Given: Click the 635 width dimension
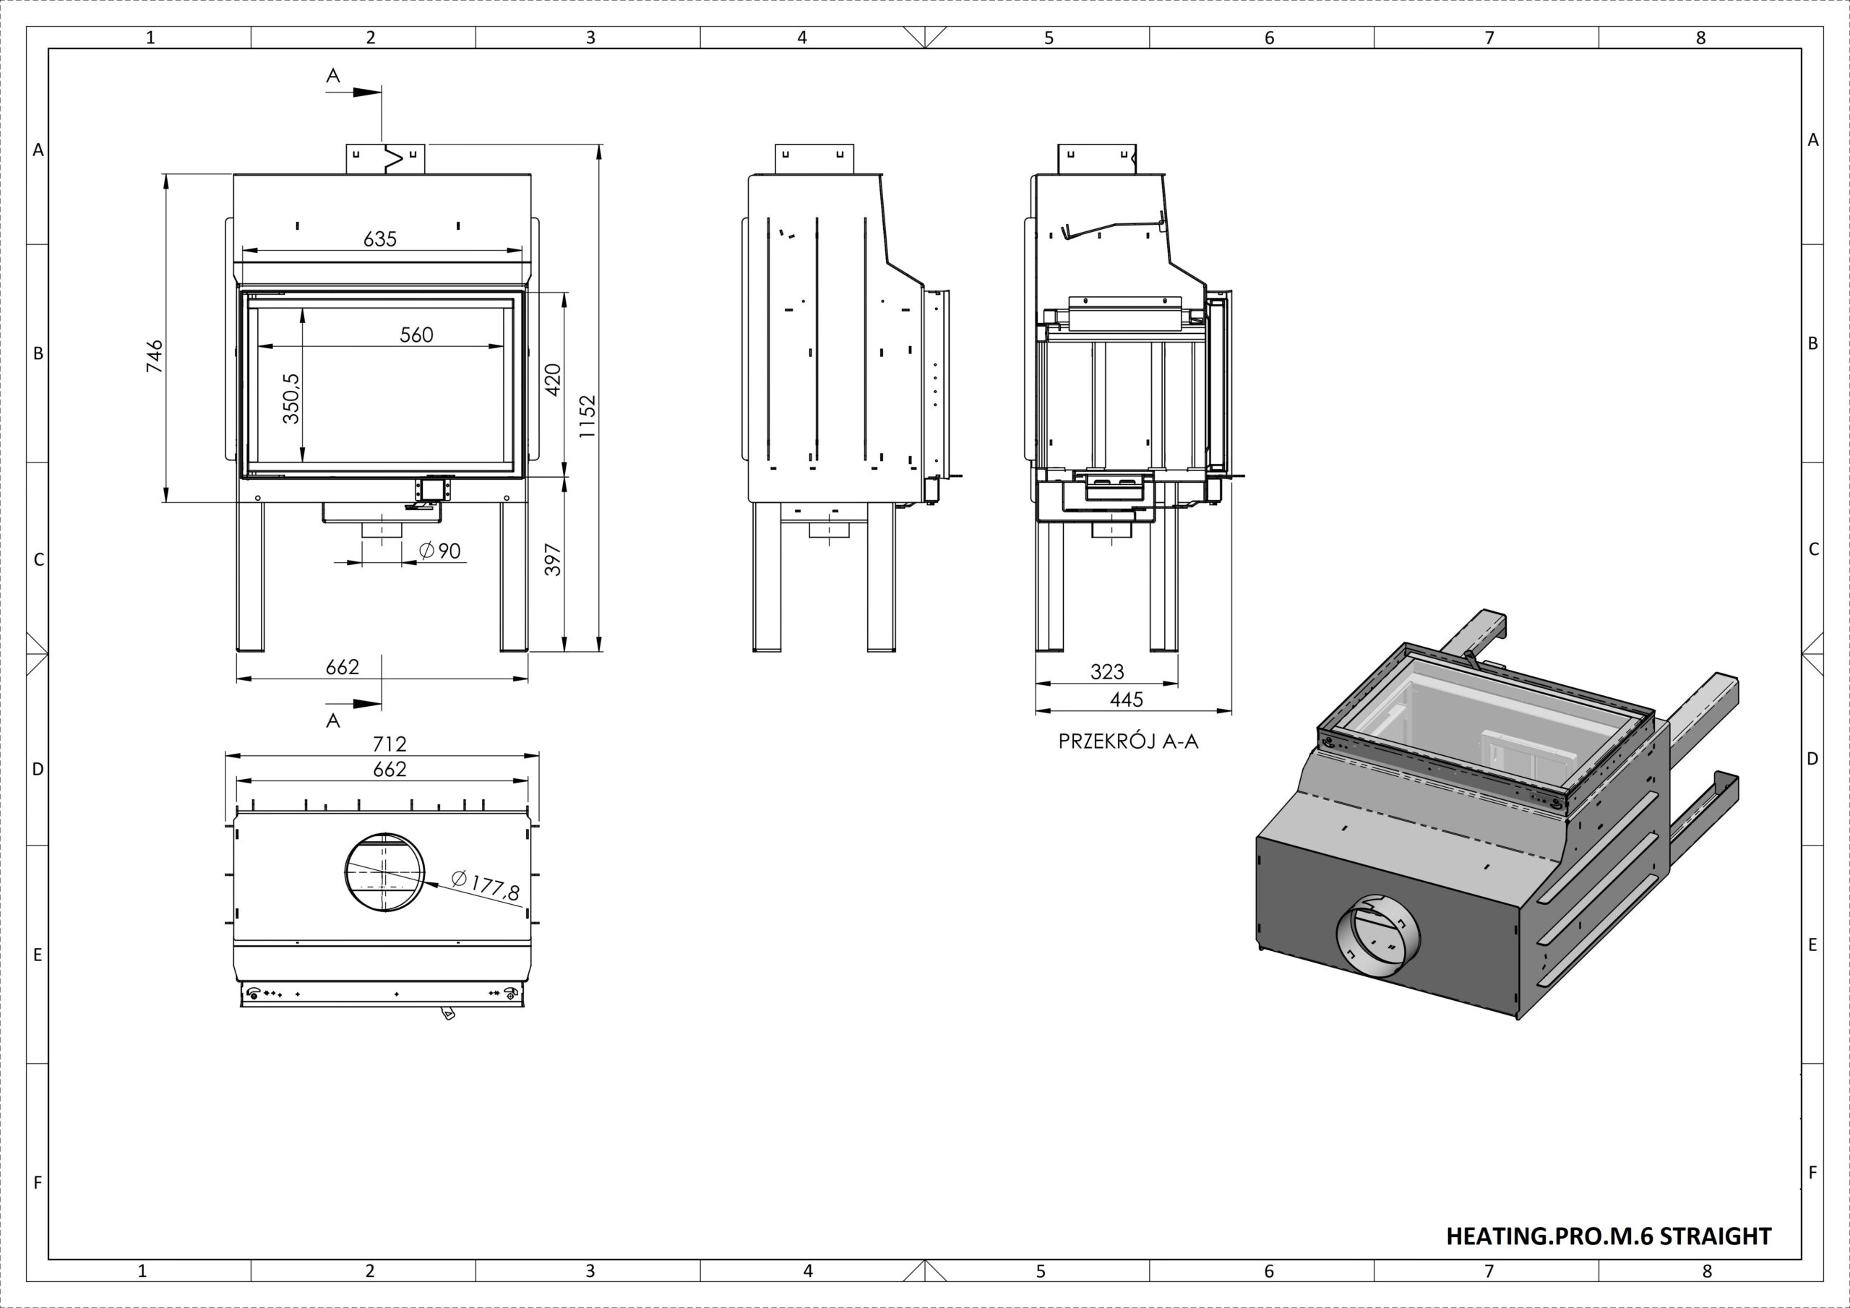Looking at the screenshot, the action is [x=380, y=239].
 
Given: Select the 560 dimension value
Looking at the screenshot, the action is [x=416, y=335].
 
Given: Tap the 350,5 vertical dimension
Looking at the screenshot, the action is [x=291, y=398].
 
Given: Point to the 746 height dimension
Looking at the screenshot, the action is [x=154, y=356].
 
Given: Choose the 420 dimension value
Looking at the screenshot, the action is [x=553, y=380].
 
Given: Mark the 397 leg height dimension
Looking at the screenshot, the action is [x=553, y=560].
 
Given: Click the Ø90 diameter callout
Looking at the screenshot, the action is [x=440, y=551].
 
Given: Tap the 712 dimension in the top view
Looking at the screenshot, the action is [x=390, y=743].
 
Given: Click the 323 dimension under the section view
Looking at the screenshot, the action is [x=1107, y=671].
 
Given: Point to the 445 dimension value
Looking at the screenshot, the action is [x=1127, y=700].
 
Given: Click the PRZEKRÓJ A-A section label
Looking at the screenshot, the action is [x=1128, y=742].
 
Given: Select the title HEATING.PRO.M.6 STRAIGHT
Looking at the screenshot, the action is [x=1609, y=1236].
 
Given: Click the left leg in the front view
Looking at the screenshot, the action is [x=250, y=576].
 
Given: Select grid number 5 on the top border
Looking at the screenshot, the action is [x=1049, y=37].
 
